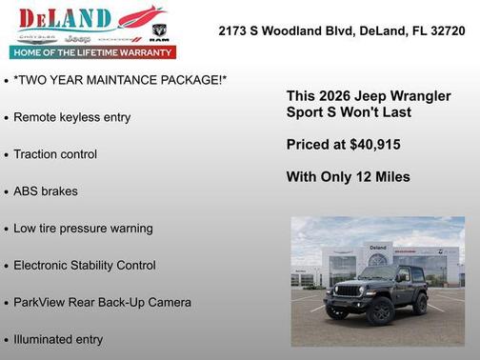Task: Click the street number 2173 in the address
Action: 234,30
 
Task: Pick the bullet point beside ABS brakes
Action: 7,192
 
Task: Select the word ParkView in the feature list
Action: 39,303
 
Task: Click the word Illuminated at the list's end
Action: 43,339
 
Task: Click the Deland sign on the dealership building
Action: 377,249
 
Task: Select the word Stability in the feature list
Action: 106,266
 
